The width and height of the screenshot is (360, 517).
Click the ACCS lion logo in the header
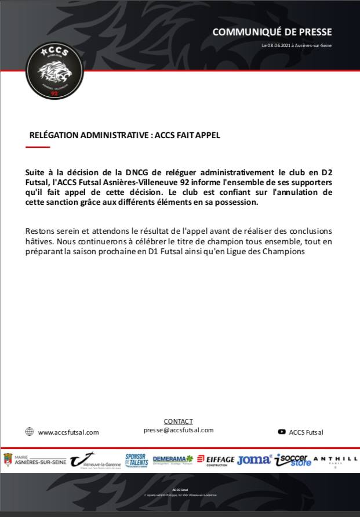(54, 70)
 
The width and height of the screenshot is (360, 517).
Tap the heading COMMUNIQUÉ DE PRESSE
(272, 32)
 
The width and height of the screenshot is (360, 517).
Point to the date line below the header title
(297, 45)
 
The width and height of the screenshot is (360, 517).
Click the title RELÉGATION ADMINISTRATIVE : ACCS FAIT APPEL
(125, 135)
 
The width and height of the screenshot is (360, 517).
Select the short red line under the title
(38, 147)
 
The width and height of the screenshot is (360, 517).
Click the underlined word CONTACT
(179, 421)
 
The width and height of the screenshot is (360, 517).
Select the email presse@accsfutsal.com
(179, 430)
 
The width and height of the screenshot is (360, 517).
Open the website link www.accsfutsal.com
(68, 432)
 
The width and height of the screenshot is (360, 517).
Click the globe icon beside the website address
(30, 432)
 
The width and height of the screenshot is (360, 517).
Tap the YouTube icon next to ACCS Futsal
(282, 432)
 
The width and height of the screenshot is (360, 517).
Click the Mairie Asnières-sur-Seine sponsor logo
(34, 460)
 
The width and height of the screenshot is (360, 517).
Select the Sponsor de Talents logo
(136, 460)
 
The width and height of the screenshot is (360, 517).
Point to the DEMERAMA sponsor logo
(173, 460)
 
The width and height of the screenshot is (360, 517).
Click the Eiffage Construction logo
(216, 460)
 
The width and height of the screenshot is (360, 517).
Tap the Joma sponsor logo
(254, 460)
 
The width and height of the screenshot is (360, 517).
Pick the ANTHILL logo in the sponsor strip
(335, 460)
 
